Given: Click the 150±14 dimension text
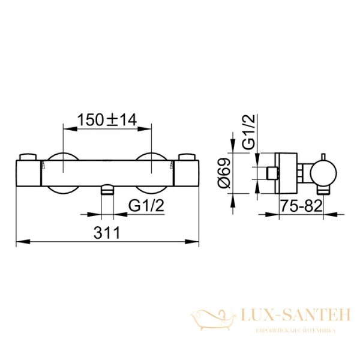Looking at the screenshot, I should (x=107, y=119).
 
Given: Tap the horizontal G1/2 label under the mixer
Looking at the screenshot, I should (x=145, y=206).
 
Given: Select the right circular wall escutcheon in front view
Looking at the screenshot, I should (x=152, y=172).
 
